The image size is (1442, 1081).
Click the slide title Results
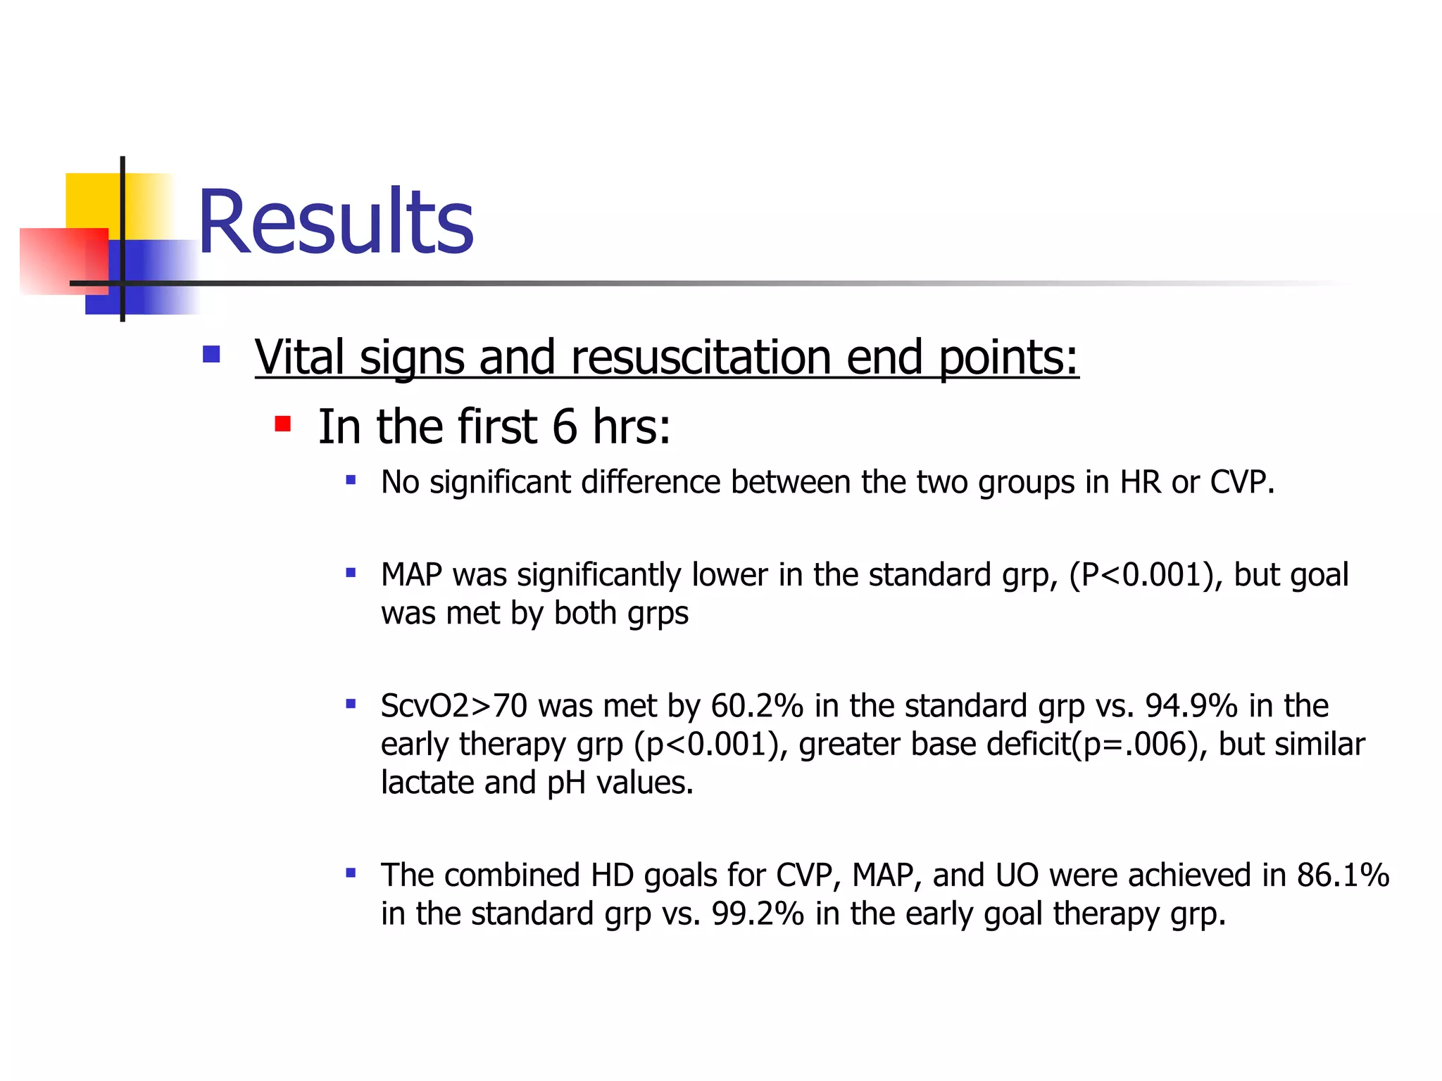coord(336,222)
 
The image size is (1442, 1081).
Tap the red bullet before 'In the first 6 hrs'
coord(283,424)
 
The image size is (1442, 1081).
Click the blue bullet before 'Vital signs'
coord(211,353)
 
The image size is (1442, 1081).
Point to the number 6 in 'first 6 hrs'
coord(565,426)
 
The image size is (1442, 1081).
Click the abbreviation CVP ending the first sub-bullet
coord(1241,483)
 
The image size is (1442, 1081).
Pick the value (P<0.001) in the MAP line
coord(1146,575)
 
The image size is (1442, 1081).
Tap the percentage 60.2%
coord(757,706)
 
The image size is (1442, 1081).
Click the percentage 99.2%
coord(758,914)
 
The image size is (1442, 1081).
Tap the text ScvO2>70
coord(453,706)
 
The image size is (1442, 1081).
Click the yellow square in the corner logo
coord(92,200)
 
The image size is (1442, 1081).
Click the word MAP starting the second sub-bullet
coord(411,575)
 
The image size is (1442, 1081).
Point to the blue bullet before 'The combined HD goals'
coord(351,874)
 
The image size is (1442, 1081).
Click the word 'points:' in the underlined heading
coord(1008,357)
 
